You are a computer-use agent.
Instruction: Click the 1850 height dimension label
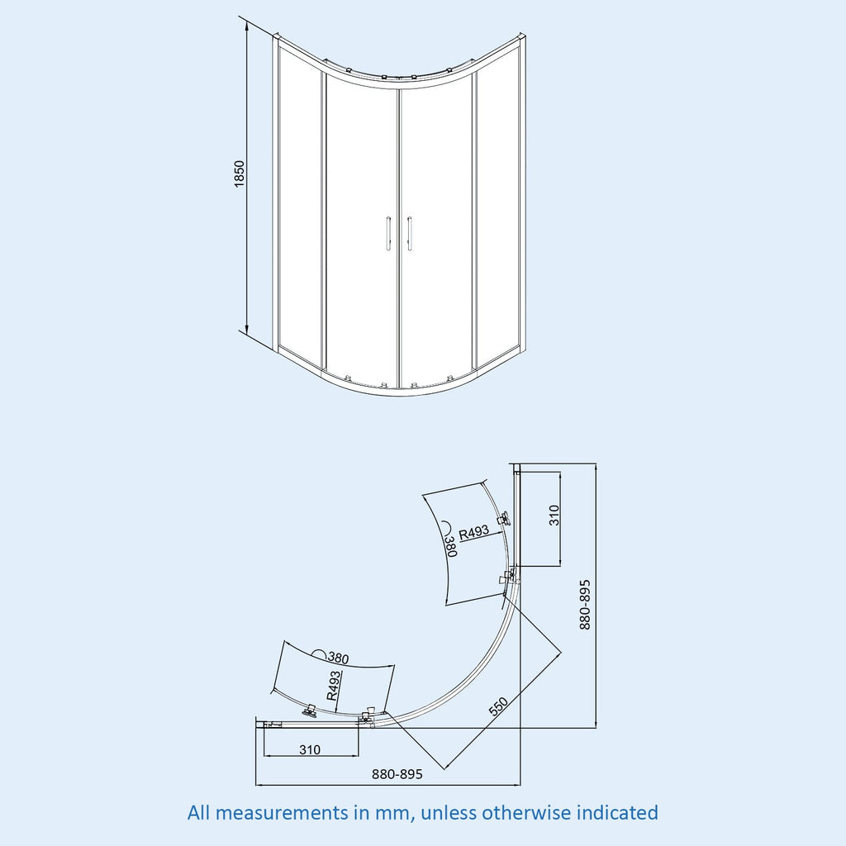click(239, 173)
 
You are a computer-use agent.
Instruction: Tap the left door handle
click(388, 234)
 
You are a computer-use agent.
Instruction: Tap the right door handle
click(410, 234)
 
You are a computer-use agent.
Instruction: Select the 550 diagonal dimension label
click(498, 707)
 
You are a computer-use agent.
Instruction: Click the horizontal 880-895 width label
click(397, 774)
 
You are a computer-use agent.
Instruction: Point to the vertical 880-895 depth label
click(585, 605)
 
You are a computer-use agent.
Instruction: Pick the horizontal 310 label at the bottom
click(310, 749)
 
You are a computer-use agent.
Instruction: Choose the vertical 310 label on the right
click(554, 516)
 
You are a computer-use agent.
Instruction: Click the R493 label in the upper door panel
click(473, 533)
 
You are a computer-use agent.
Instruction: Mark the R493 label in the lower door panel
click(334, 685)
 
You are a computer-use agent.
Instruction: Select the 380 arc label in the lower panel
click(338, 658)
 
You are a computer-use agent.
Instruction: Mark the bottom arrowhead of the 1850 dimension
click(246, 329)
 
